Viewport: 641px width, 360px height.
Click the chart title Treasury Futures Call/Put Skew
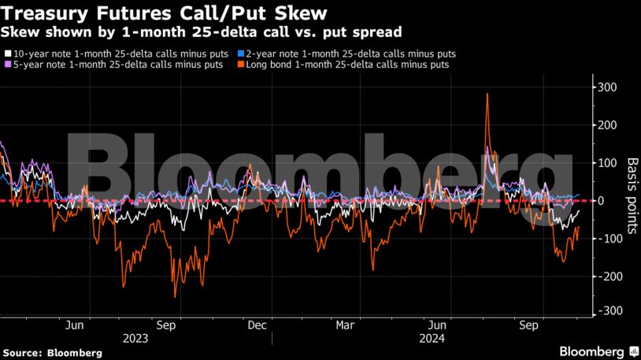165,13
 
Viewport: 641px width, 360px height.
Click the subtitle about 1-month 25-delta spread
202,32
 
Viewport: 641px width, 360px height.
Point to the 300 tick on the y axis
606,87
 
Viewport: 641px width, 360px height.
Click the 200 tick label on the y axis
606,124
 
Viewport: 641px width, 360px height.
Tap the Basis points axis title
631,197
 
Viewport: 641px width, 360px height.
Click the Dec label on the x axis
256,325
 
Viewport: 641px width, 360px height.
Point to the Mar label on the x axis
345,325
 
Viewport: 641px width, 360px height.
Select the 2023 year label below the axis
135,340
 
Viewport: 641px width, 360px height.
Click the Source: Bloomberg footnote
52,353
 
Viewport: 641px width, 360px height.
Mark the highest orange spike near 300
488,95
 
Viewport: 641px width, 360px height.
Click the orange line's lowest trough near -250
175,296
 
